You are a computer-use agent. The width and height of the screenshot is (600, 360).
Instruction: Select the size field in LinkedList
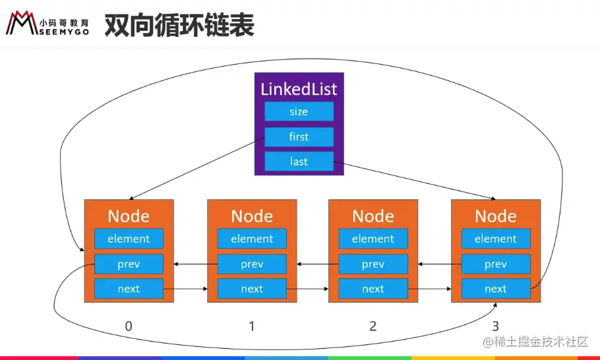tap(299, 111)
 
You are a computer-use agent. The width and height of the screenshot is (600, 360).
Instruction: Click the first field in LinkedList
tap(299, 136)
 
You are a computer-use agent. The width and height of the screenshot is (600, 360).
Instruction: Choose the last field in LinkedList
tap(299, 162)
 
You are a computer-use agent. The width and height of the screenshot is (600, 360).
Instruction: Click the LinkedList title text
tap(299, 89)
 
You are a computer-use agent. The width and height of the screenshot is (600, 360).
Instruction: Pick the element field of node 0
tap(129, 239)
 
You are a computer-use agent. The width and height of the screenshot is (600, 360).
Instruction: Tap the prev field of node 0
tap(129, 264)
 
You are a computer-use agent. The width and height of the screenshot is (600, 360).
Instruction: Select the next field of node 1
tap(252, 289)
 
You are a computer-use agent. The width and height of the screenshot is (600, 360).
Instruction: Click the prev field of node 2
tap(373, 264)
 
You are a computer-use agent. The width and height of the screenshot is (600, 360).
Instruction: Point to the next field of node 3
tap(496, 289)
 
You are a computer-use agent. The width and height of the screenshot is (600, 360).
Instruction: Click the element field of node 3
tap(496, 239)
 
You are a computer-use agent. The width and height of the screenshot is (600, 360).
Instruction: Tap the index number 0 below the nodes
tap(129, 326)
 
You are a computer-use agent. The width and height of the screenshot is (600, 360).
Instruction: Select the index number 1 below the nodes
tap(252, 326)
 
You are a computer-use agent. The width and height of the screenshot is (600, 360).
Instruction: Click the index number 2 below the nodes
tap(373, 326)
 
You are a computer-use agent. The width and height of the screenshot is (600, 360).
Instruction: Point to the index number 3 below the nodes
tap(496, 326)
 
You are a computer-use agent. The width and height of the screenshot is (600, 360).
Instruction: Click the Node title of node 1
tap(252, 216)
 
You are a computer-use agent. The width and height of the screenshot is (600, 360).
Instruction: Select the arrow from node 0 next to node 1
tap(185, 289)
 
